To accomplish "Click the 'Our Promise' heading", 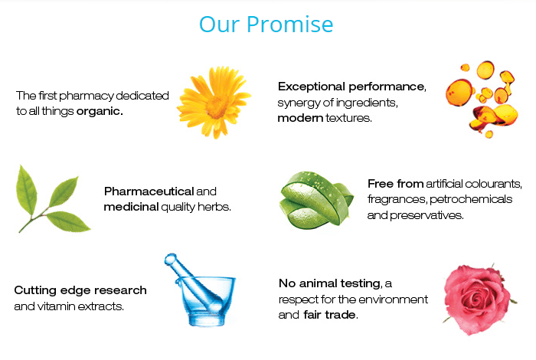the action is [266, 25].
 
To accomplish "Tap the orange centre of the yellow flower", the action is [217, 106].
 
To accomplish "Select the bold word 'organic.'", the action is [100, 112].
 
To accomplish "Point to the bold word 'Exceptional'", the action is [312, 87].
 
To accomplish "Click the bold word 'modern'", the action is [300, 118].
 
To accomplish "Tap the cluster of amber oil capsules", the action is [482, 99].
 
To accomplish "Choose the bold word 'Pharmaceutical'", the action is [149, 191].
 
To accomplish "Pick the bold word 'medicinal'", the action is [131, 207].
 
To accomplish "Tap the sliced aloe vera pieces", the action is [315, 201].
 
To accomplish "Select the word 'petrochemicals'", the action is [471, 199].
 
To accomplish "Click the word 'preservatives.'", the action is [427, 215].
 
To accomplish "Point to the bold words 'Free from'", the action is [396, 184].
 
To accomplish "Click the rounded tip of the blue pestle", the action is [170, 260].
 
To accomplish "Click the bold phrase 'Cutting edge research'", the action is [80, 290].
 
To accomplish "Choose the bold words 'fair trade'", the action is [329, 315].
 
